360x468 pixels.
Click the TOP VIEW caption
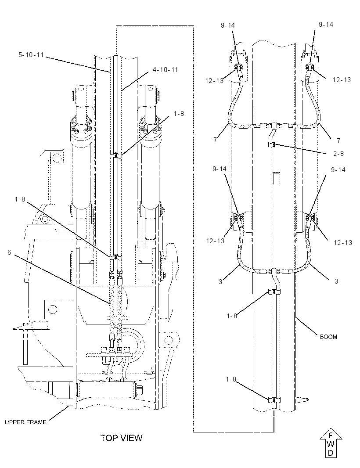tap(121, 438)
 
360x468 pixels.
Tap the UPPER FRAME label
tap(25, 422)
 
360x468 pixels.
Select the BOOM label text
tap(329, 337)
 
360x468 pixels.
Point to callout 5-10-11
tap(31, 55)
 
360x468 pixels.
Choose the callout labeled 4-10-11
tap(165, 69)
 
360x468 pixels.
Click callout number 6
tap(9, 252)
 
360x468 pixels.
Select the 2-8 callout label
tap(338, 153)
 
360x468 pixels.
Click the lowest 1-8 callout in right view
tap(231, 379)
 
